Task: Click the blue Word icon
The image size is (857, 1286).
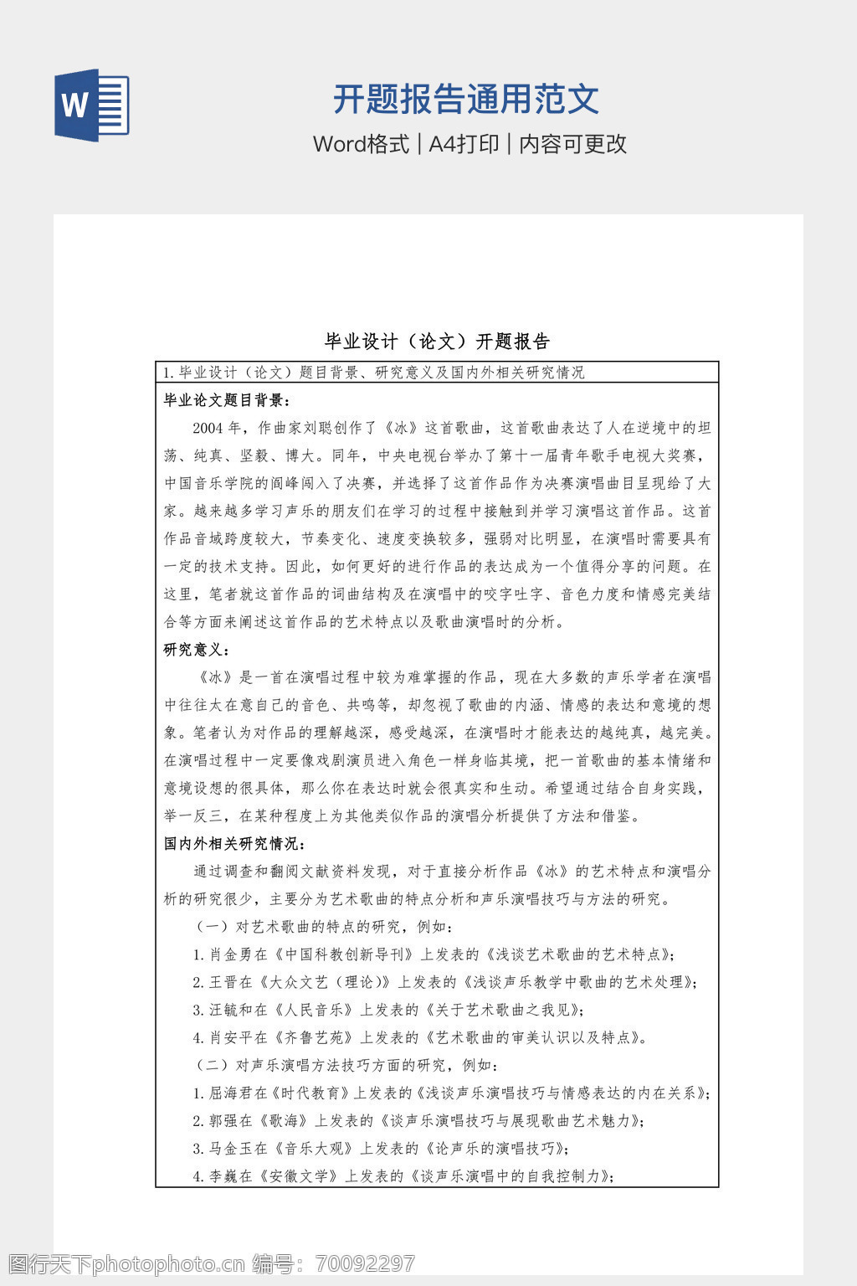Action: coord(92,105)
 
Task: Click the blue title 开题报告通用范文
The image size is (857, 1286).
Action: coord(466,100)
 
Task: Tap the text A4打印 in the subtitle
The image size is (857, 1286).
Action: coord(464,144)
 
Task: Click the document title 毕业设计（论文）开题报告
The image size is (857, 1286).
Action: coord(437,342)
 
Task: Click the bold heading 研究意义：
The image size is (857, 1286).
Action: coord(197,650)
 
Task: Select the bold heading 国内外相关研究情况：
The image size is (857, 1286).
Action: coord(234,843)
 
